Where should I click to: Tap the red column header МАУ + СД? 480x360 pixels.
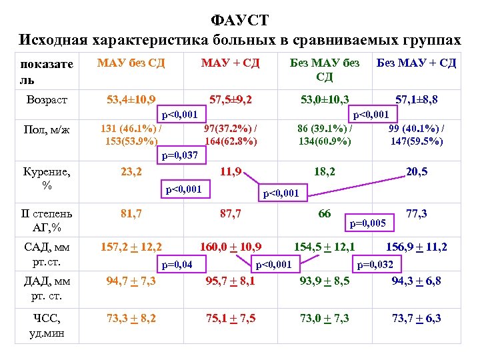(230, 63)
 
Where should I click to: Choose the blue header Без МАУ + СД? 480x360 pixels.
(416, 63)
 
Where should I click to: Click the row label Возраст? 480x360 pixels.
(47, 100)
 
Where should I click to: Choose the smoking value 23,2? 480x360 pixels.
(131, 171)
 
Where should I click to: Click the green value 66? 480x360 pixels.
(324, 214)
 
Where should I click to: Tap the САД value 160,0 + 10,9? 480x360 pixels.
(230, 247)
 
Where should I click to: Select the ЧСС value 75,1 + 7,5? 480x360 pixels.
(230, 318)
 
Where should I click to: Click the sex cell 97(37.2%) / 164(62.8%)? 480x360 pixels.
(231, 134)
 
